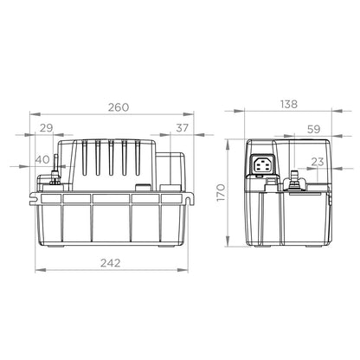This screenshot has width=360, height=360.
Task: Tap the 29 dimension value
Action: [47, 129]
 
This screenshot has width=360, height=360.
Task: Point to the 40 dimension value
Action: [42, 158]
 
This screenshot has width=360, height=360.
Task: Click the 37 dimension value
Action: [182, 129]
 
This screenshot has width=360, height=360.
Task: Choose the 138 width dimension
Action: [288, 104]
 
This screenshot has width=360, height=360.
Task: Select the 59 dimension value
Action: [313, 130]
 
